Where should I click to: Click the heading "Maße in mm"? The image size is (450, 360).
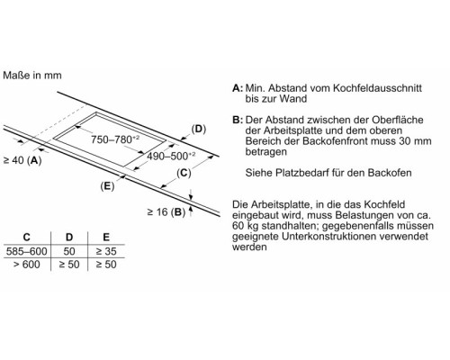point(32,75)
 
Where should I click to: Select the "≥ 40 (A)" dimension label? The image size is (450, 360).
point(22,160)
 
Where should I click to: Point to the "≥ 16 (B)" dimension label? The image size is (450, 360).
point(166,212)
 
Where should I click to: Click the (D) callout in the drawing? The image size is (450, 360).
point(199,129)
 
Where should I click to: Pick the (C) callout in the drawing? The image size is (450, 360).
point(184,173)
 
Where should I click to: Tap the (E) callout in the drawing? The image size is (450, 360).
point(107,186)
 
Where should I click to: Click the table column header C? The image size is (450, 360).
point(27,238)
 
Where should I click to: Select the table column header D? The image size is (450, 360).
point(69,238)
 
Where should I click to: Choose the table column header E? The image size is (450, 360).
point(106,238)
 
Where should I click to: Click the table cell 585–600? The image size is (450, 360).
point(27,251)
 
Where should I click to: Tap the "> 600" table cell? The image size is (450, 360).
point(27,265)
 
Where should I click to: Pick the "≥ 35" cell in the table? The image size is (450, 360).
point(106,251)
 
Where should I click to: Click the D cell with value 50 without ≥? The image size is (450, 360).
point(69,251)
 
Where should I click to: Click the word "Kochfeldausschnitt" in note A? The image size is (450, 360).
point(378,88)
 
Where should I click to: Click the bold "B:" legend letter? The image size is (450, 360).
point(238,120)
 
